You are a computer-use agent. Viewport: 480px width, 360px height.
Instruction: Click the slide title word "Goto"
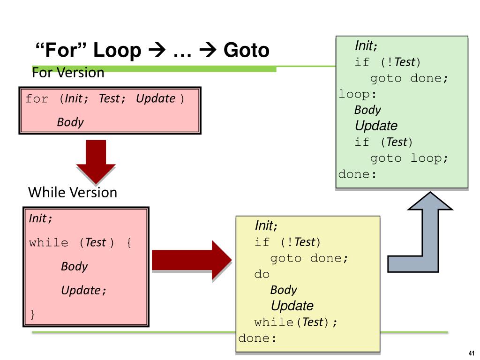tap(247, 51)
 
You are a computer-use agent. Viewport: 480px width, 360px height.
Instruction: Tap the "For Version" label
tap(67, 73)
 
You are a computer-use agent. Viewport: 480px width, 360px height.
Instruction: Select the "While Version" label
tap(73, 192)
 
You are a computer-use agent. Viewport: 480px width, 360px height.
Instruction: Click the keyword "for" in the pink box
tap(37, 99)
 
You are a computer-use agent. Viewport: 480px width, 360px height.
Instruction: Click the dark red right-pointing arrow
tap(192, 261)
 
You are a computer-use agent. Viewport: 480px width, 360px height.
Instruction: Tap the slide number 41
tap(472, 353)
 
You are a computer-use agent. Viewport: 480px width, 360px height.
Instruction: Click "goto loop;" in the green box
tap(409, 158)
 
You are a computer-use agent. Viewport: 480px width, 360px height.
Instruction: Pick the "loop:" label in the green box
tap(358, 94)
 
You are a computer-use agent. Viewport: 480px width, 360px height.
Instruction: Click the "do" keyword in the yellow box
tap(262, 274)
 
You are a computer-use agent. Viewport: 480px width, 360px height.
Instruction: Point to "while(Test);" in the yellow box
tap(295, 322)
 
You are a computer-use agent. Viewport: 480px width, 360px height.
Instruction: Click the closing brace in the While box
tap(32, 314)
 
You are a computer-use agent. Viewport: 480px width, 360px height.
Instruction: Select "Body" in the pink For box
tap(70, 122)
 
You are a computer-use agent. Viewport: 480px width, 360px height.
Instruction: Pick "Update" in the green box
tap(376, 126)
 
